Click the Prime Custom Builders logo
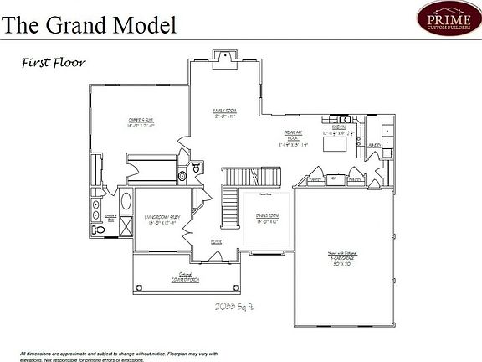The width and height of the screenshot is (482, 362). coord(449,18)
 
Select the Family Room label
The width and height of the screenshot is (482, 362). coord(225,113)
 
